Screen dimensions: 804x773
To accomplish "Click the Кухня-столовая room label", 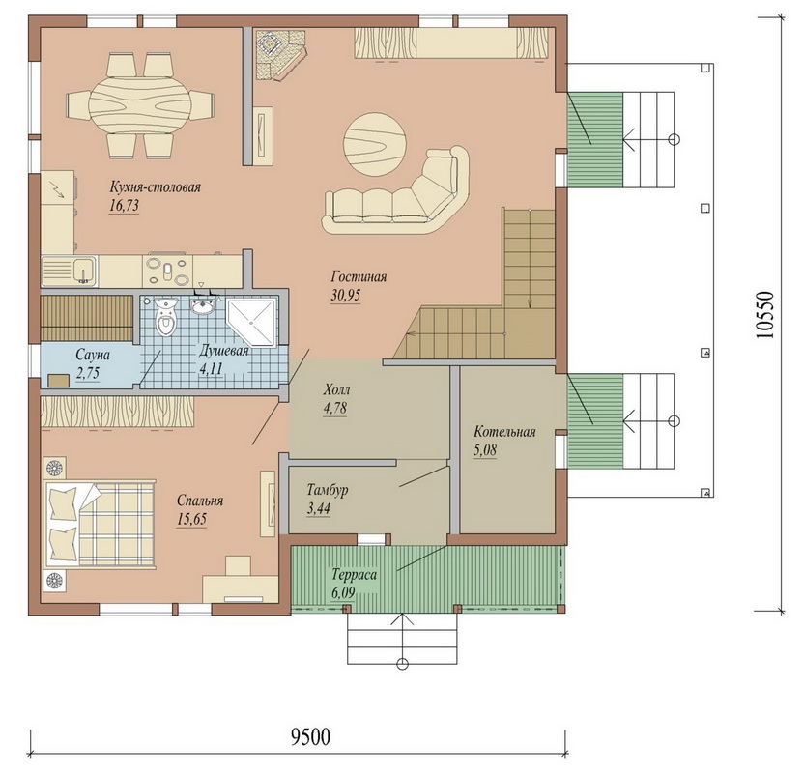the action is [x=155, y=187].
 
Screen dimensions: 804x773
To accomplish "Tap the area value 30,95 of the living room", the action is [x=346, y=296].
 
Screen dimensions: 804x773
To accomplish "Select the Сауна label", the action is [x=93, y=355].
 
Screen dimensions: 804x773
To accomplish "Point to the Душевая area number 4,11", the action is [x=211, y=368].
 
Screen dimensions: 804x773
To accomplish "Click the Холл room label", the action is [x=337, y=390].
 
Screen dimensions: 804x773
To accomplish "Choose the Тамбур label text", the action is [x=328, y=490].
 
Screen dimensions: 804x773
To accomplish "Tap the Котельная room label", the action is [x=504, y=432].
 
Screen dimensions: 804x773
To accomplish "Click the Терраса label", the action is [x=355, y=575].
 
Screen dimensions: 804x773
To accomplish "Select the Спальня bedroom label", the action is [x=200, y=501].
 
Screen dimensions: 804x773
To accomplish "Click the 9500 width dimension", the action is [x=311, y=736].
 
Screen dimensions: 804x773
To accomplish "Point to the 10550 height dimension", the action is [x=764, y=315].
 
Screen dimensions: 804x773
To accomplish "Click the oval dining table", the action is [x=140, y=105].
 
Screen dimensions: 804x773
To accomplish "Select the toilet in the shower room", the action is [x=165, y=317].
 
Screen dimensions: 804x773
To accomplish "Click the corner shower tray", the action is [x=251, y=323].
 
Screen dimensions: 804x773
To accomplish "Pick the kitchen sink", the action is [x=69, y=272].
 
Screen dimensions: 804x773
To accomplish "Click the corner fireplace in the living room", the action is [x=277, y=54].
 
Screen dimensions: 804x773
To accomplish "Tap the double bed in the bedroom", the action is [x=100, y=524].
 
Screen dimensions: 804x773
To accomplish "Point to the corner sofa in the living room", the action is [x=398, y=194].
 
